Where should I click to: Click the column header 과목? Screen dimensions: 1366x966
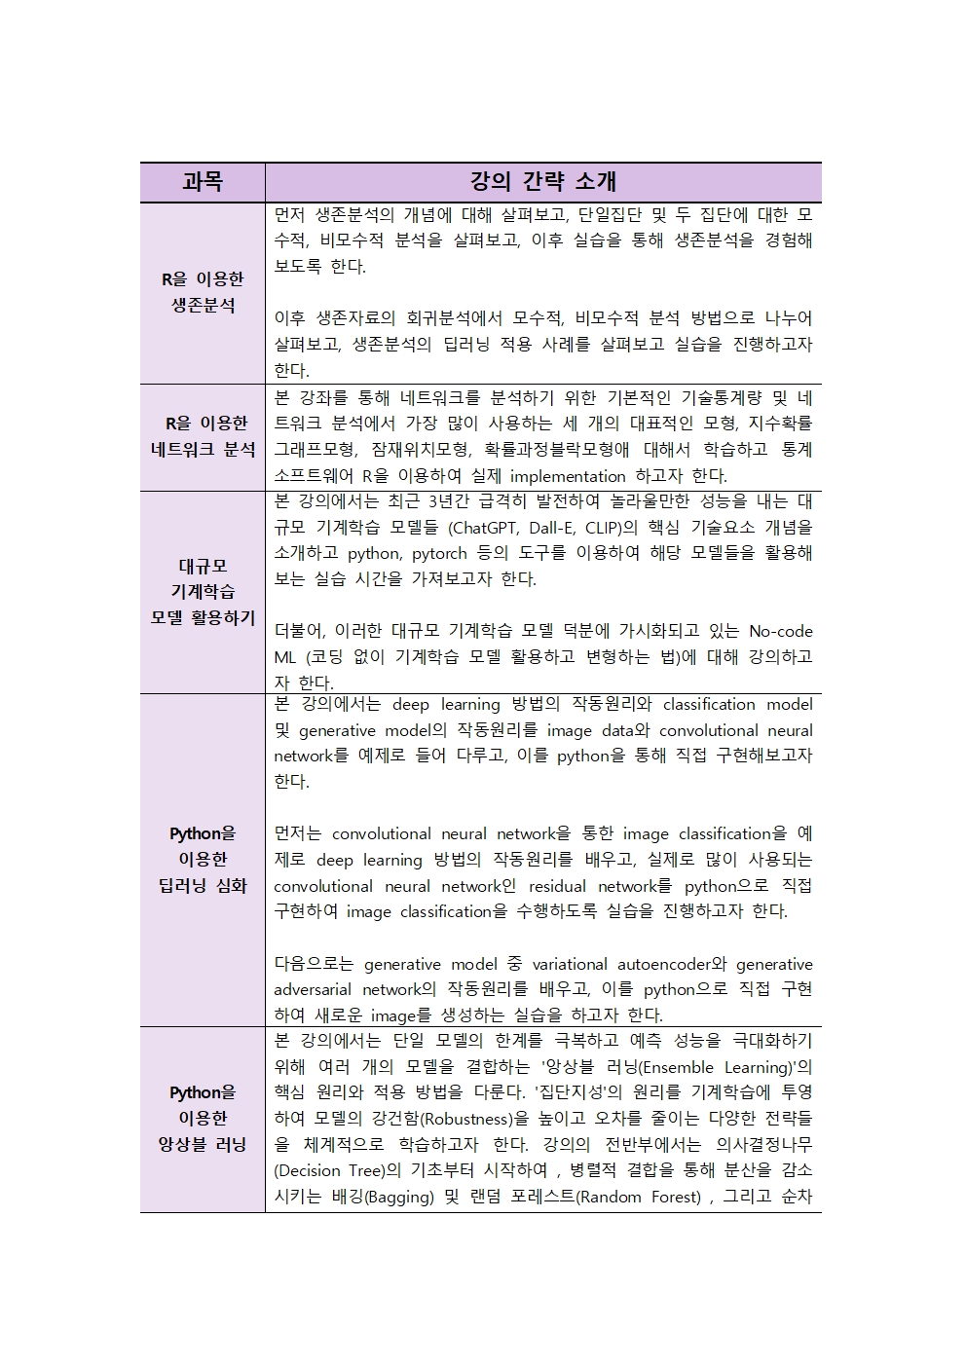(x=203, y=182)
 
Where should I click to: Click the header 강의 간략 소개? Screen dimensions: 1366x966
(x=542, y=182)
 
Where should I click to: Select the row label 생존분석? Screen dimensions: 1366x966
(x=203, y=306)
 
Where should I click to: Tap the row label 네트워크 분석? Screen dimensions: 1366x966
(x=203, y=450)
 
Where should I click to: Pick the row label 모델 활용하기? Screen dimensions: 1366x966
(x=203, y=618)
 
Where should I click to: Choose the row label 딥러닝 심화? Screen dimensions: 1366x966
(x=203, y=886)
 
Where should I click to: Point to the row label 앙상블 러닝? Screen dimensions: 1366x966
(x=203, y=1145)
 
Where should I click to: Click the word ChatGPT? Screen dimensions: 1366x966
(x=485, y=528)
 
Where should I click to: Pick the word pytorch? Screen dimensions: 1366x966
(x=439, y=554)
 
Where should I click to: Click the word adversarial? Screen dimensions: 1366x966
(x=312, y=990)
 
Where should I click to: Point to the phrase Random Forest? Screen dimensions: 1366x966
(x=639, y=1198)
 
